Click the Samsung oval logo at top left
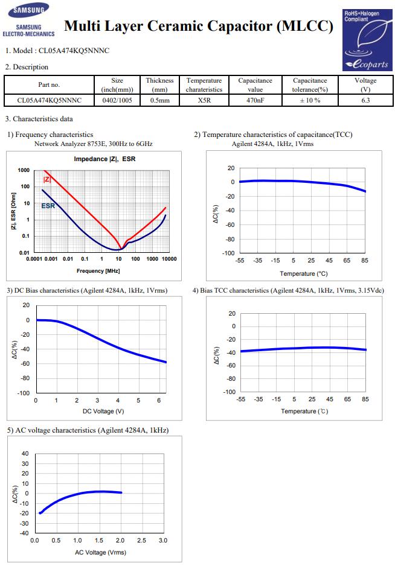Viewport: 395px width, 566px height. (x=28, y=10)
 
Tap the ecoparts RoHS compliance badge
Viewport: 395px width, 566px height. (x=367, y=40)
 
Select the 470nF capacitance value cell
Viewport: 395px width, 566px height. (x=255, y=100)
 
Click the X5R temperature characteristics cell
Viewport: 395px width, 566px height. (x=204, y=100)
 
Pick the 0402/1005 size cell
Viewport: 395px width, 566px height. (x=117, y=100)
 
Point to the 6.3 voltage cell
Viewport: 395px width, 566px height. (x=365, y=100)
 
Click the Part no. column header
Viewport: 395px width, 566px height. (x=49, y=85)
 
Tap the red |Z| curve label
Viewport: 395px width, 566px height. (x=47, y=179)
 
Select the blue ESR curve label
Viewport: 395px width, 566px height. (x=48, y=206)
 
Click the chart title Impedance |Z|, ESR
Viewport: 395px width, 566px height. (x=104, y=159)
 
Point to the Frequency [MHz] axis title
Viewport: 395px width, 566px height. (x=98, y=271)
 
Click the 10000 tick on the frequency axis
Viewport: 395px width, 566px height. (x=169, y=259)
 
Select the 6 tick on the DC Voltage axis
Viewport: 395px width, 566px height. (x=159, y=400)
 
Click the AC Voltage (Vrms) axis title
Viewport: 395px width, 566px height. (x=100, y=552)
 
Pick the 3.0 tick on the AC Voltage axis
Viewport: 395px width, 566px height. (x=163, y=541)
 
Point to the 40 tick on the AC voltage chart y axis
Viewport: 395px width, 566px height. (x=25, y=453)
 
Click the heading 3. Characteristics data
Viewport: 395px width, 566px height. (x=39, y=119)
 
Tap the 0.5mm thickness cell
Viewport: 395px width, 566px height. (x=159, y=100)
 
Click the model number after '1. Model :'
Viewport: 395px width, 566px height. (x=74, y=51)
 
